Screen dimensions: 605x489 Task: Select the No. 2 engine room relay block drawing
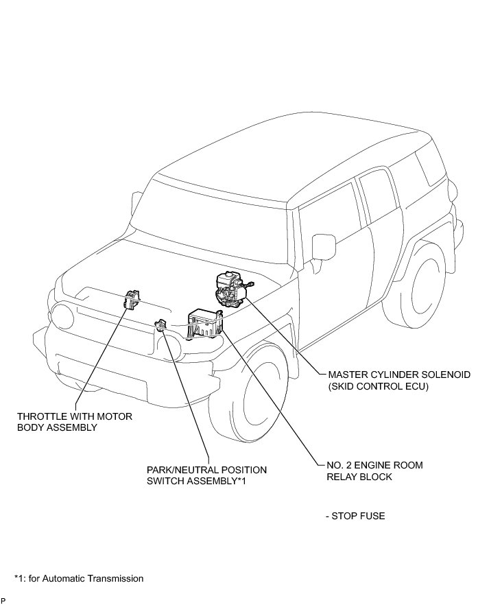(205, 322)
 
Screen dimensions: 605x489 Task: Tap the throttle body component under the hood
(132, 300)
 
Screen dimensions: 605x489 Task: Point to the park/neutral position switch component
(162, 324)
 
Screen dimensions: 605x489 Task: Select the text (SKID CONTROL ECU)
(378, 387)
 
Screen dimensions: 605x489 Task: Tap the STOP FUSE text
(358, 516)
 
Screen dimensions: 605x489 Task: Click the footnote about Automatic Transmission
(79, 578)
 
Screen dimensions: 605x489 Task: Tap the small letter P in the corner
(3, 600)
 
